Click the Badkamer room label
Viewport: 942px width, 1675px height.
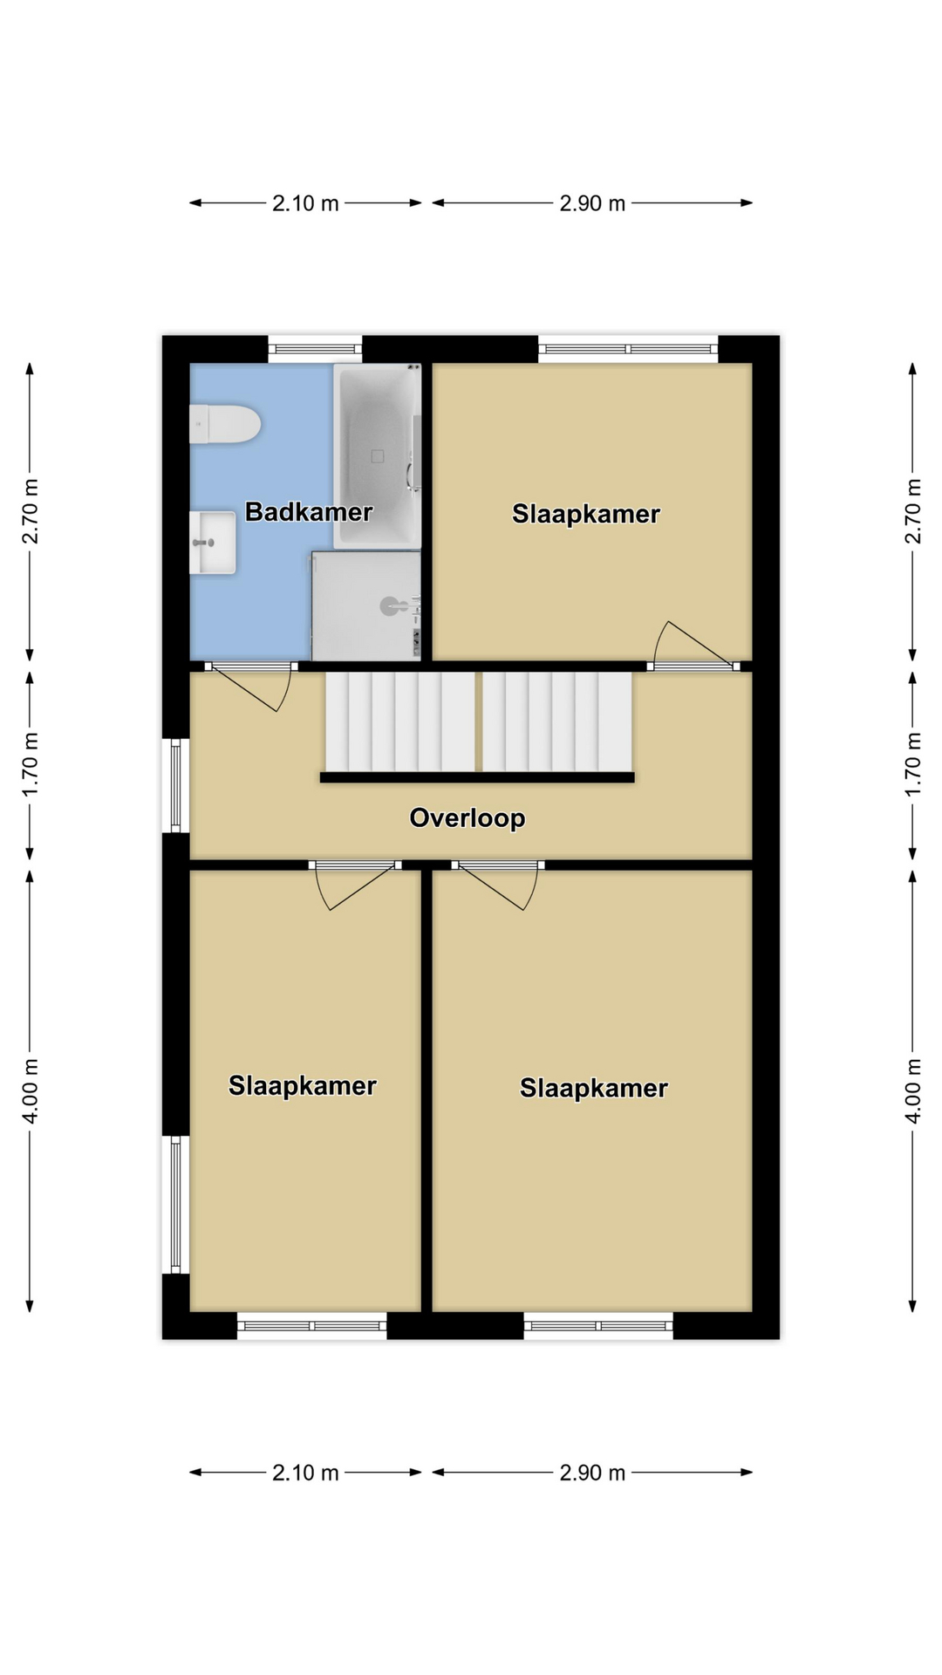309,512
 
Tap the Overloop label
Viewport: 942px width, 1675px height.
468,818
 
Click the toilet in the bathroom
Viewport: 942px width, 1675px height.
225,424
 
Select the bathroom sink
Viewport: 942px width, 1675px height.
213,543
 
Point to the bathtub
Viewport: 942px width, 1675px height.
378,455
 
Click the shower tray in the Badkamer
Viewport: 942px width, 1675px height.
366,605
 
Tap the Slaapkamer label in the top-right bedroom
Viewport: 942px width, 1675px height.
585,514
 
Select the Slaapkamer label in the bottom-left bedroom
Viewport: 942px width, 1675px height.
303,1085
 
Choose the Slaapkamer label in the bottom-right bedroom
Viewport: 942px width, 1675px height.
594,1088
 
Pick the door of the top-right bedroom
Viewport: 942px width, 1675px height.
694,644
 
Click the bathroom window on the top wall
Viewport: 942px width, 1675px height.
315,349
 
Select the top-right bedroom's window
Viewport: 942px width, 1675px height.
628,349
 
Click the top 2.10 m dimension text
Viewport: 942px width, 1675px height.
305,203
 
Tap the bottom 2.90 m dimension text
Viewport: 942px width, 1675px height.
592,1473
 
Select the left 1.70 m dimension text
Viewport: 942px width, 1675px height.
31,764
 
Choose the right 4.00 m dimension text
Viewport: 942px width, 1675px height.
913,1090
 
